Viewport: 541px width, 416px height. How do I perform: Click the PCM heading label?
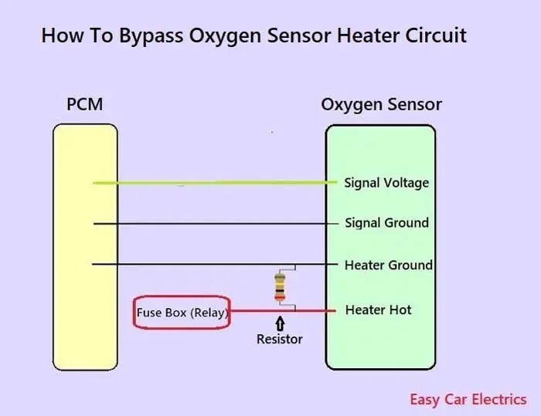click(x=85, y=104)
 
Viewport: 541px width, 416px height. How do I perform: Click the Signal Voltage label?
click(x=386, y=183)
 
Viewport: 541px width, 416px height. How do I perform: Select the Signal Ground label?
click(x=386, y=223)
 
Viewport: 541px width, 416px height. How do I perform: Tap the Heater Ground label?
click(x=388, y=265)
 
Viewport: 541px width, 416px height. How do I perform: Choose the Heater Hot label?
click(x=378, y=309)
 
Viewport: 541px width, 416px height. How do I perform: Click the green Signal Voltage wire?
click(x=216, y=183)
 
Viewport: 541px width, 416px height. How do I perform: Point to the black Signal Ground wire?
click(x=216, y=224)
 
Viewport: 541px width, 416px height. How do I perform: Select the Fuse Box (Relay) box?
click(x=182, y=313)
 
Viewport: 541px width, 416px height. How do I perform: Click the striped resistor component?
click(x=280, y=287)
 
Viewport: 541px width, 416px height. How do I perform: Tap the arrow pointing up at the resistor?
click(x=280, y=324)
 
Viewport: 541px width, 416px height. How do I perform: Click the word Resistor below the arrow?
click(x=280, y=339)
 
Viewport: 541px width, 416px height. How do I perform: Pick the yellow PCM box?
click(x=85, y=247)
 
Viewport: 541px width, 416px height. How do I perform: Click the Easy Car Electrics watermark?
click(x=468, y=399)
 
